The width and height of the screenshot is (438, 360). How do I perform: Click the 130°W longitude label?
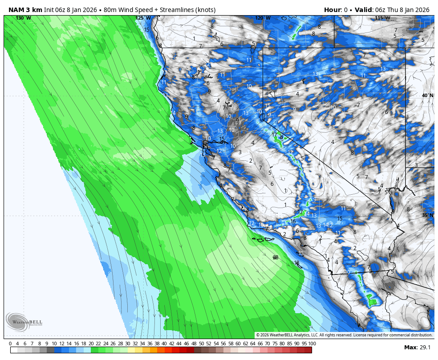[x=23, y=18]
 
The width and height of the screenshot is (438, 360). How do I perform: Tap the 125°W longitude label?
[x=143, y=18]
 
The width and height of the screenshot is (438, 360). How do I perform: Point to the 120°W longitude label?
[x=263, y=18]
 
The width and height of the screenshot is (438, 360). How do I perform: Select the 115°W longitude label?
[x=382, y=18]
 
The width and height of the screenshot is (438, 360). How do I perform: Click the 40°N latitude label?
[x=428, y=95]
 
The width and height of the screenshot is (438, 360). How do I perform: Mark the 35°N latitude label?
[x=428, y=215]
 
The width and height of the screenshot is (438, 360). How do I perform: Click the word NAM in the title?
[x=16, y=10]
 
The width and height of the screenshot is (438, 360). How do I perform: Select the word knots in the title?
[x=204, y=10]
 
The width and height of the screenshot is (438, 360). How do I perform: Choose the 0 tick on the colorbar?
[x=10, y=344]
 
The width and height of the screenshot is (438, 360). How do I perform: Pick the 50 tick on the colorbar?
[x=201, y=344]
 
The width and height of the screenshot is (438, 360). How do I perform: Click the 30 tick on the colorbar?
[x=128, y=344]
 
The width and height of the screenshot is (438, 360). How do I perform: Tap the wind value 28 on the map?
[x=276, y=257]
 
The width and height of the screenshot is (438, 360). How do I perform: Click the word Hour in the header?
[x=332, y=10]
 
